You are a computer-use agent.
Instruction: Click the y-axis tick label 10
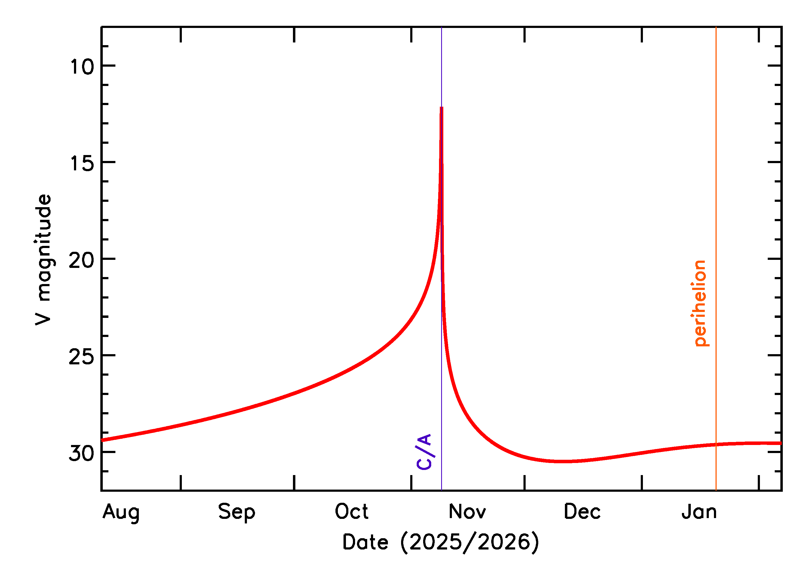[82, 66]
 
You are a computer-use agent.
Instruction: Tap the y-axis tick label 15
[82, 163]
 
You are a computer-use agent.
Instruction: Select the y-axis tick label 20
[82, 260]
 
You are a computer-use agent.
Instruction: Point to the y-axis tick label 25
[82, 357]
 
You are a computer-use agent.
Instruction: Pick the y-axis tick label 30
[82, 453]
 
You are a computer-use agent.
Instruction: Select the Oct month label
[351, 512]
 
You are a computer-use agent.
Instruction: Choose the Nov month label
[467, 512]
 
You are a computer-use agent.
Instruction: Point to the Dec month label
[582, 512]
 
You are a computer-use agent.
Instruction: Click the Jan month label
[699, 512]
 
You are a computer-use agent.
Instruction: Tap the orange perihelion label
[700, 303]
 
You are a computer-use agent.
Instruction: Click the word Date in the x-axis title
[365, 542]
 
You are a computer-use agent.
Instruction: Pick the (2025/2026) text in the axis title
[469, 542]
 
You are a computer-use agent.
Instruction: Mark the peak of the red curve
[441, 107]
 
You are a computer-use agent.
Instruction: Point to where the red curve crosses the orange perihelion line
[716, 445]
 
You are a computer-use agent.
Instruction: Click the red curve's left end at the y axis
[102, 440]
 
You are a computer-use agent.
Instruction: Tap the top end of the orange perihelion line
[716, 27]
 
